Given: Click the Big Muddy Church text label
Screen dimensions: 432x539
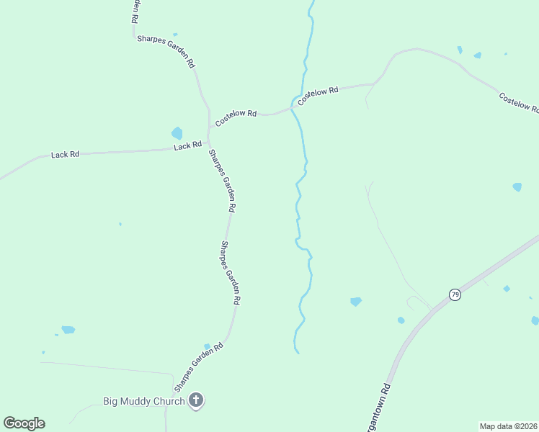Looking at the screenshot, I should pos(144,401).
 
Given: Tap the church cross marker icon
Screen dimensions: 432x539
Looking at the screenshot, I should pos(195,400).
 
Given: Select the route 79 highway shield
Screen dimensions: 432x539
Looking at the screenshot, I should pos(455,294).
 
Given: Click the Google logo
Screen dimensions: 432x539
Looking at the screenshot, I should pos(24,423).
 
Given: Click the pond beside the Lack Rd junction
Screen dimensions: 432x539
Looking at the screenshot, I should pos(177,133).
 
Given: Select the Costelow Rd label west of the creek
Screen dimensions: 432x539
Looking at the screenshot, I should pos(236,114).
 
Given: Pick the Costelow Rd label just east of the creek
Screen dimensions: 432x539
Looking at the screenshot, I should pos(318,95).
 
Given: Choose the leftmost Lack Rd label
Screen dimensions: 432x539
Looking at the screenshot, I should pos(65,154).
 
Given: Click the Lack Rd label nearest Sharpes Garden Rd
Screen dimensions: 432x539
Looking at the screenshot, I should pos(187,146).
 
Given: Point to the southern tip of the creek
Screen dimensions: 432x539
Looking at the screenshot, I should pos(296,352).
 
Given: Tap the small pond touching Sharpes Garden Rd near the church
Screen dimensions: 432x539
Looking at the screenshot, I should pos(207,346).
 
